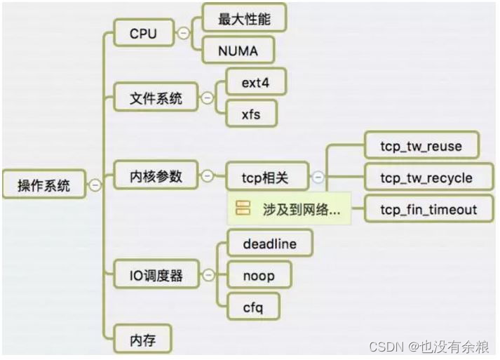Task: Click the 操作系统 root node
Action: click(x=44, y=185)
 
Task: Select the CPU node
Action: click(x=143, y=33)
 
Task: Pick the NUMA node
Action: click(x=238, y=51)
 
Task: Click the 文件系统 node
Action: click(x=156, y=98)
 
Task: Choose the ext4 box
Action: click(x=255, y=82)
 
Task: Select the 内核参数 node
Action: click(x=156, y=175)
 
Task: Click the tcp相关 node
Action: click(x=266, y=177)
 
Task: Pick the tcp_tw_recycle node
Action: click(x=426, y=177)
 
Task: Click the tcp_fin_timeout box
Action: click(x=428, y=209)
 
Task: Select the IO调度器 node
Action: click(x=156, y=275)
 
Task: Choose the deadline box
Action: click(x=269, y=244)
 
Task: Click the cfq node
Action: click(x=251, y=307)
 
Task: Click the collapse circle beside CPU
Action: click(x=184, y=33)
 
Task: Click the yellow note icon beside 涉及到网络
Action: click(x=243, y=209)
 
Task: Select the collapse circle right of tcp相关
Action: click(x=318, y=177)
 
